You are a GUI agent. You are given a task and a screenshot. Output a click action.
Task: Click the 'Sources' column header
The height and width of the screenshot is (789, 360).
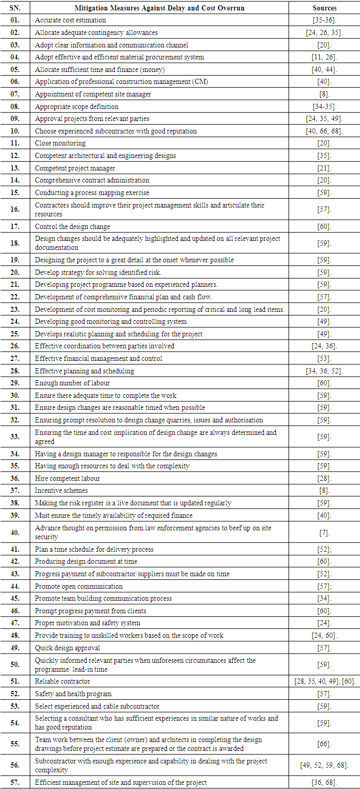tap(324, 8)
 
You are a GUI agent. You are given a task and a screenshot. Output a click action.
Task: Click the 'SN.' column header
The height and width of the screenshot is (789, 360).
tap(15, 8)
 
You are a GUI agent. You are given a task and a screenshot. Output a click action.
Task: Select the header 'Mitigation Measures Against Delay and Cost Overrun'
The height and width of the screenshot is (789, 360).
tap(166, 8)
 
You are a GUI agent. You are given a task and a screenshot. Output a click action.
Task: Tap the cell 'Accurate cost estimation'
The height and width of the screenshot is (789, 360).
tap(70, 20)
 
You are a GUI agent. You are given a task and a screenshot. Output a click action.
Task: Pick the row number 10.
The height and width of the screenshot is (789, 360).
tap(15, 131)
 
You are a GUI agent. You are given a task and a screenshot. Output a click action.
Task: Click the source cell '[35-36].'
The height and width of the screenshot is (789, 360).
tap(324, 20)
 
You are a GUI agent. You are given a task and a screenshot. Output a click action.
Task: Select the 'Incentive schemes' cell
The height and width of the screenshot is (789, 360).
tap(61, 491)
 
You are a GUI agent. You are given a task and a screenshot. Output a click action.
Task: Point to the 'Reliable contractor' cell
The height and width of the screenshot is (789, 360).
tap(63, 682)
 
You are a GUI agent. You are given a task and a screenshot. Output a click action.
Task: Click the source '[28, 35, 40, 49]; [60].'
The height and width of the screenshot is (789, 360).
tap(324, 682)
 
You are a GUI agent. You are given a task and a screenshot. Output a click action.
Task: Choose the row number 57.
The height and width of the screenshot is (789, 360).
tap(15, 782)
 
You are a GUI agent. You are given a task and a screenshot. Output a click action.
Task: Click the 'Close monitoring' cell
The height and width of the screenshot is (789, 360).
tap(60, 143)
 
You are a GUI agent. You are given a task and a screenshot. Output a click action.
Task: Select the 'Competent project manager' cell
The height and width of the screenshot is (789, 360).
tap(75, 168)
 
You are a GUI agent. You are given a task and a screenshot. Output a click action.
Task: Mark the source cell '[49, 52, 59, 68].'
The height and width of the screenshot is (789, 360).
tap(324, 766)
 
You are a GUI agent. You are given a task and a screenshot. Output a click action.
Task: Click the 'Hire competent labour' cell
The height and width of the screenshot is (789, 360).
tap(67, 478)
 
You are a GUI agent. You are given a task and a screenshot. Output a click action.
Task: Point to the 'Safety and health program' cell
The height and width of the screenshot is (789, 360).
tap(73, 694)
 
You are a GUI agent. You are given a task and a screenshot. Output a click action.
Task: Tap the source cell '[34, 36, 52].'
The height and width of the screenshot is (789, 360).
tap(324, 371)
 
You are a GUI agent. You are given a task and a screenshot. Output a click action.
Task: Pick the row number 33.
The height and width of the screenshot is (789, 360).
tap(15, 437)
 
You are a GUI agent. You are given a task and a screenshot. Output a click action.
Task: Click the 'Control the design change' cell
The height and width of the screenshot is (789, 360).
tap(73, 227)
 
